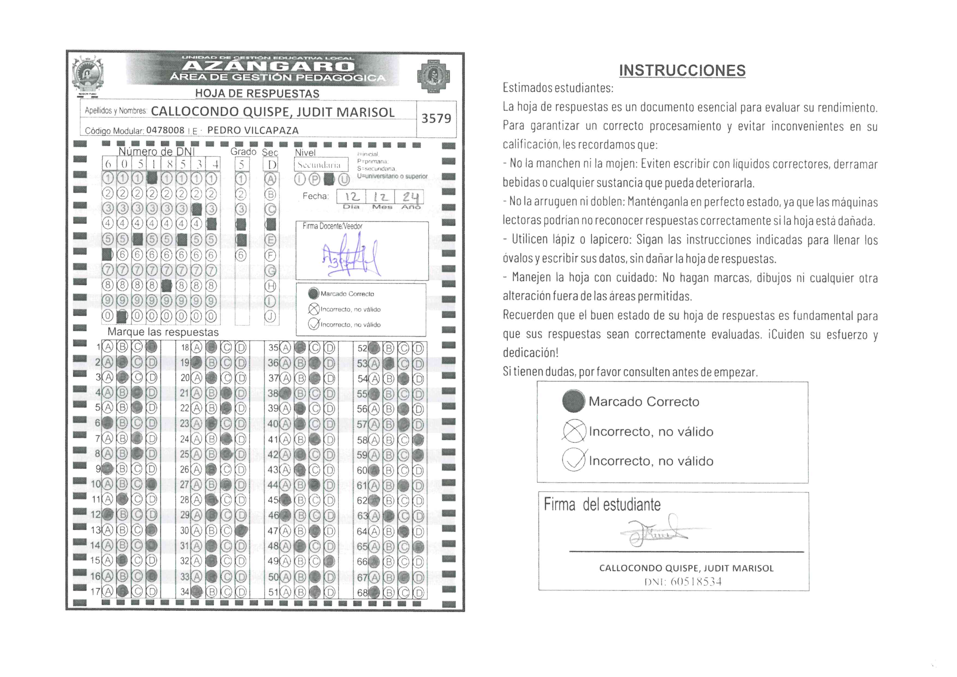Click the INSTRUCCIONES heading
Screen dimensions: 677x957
pos(682,70)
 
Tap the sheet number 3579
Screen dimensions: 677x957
pos(436,118)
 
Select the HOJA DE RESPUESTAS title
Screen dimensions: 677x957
pos(257,93)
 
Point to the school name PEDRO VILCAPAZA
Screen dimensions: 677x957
pos(253,130)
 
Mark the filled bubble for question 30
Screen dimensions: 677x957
pos(240,531)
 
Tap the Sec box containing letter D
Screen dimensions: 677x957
pos(271,165)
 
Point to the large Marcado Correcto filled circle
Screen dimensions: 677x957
pos(574,401)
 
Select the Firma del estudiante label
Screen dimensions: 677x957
pos(602,505)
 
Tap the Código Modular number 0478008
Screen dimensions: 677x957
pos(165,130)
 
